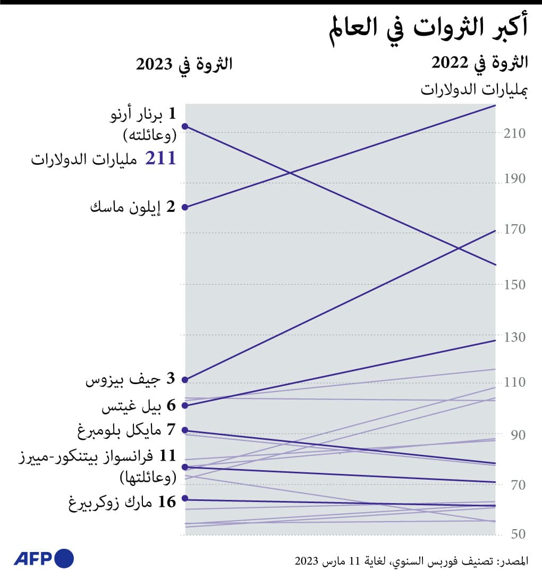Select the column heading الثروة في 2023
184,64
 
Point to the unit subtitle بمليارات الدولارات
475,89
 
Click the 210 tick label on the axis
514,133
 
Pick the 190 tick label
514,178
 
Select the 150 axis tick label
514,284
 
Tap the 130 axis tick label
514,337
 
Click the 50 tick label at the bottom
518,533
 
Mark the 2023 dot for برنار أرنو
185,126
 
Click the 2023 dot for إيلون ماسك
185,207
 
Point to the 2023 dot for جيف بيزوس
185,380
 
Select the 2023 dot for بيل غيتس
185,405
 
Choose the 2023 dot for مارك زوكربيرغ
185,498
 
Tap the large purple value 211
160,158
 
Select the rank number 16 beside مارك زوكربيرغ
167,501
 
